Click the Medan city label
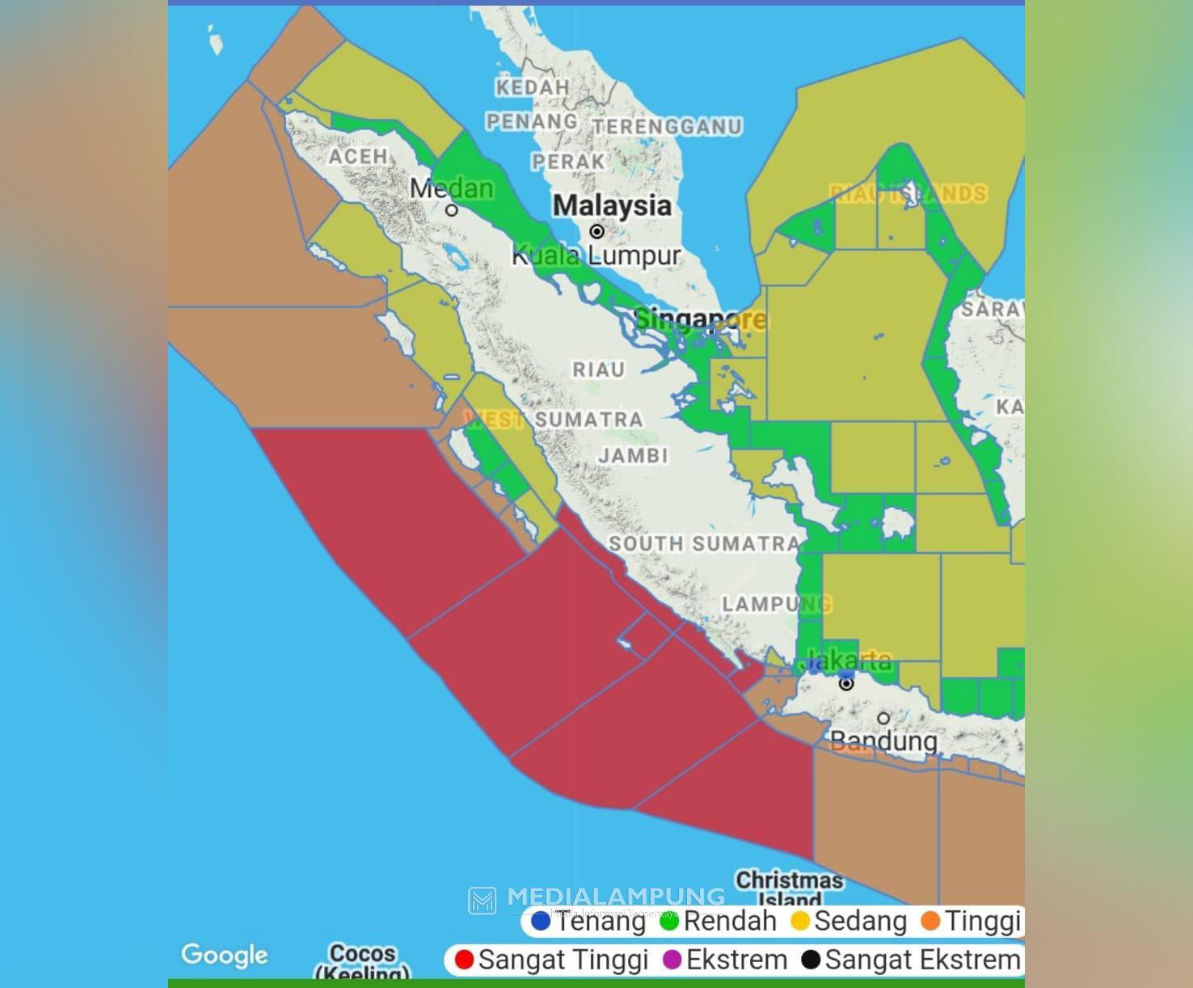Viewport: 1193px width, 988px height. point(451,188)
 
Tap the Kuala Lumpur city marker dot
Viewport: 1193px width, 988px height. point(596,231)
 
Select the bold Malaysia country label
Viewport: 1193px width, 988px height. point(612,205)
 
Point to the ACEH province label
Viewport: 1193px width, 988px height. point(358,156)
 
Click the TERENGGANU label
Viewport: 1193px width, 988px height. point(668,126)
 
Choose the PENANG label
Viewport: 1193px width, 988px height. point(531,121)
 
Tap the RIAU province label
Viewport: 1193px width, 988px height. point(599,369)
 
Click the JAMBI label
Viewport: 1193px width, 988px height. point(634,455)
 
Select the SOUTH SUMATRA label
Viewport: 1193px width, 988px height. point(704,543)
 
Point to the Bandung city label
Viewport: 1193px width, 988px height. point(884,741)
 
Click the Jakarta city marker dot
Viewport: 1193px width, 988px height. point(846,684)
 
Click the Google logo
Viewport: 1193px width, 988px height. point(224,955)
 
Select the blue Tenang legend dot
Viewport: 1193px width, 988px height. point(541,921)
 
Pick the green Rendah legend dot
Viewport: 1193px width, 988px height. point(669,921)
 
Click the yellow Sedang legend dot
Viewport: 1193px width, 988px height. point(800,921)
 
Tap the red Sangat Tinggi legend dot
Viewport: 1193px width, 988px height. point(464,960)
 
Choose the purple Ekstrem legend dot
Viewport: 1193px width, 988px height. point(672,960)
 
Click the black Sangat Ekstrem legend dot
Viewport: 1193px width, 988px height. point(811,960)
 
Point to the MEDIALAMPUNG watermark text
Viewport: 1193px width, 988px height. point(615,896)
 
